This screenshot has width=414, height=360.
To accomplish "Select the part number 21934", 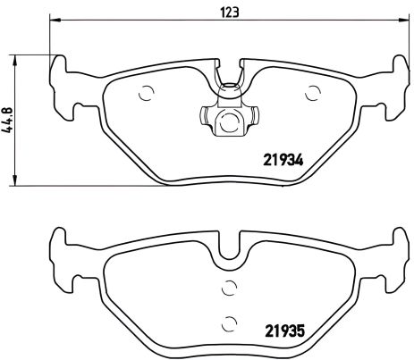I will (x=283, y=161).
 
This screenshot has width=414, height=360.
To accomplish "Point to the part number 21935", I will (x=283, y=329).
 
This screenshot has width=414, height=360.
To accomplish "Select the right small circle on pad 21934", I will (x=313, y=90).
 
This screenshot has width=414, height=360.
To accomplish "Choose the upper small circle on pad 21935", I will (x=228, y=288).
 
